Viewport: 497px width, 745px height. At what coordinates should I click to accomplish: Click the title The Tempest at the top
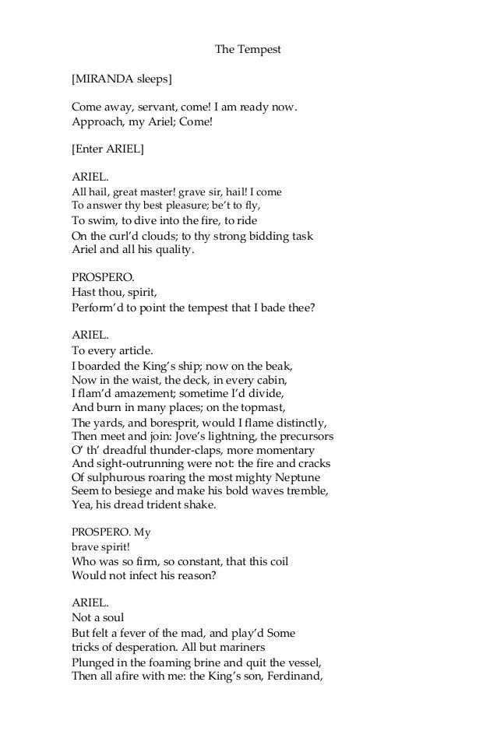coord(248,50)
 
